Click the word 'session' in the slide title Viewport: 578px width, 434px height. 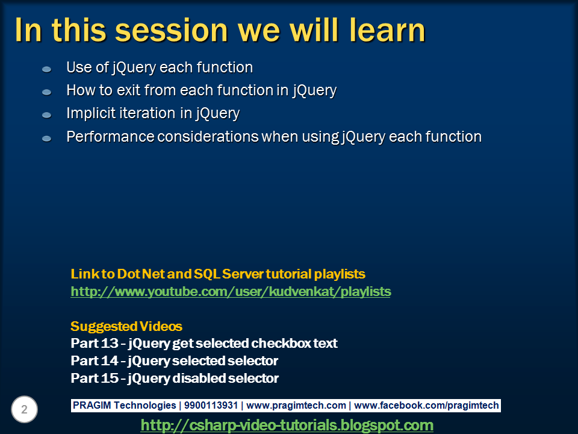tap(163, 30)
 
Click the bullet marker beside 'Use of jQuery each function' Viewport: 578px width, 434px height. tap(46, 69)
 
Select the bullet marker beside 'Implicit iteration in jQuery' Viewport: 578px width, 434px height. tap(46, 115)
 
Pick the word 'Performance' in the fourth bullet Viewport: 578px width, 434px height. tap(110, 137)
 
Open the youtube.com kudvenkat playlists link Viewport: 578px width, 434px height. tap(231, 292)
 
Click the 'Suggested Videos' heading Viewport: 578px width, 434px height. tap(126, 327)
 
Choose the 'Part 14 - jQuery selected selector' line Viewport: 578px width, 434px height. tap(174, 361)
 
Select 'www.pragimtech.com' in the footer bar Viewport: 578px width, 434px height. tap(296, 406)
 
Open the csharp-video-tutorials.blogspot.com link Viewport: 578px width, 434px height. tap(287, 425)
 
